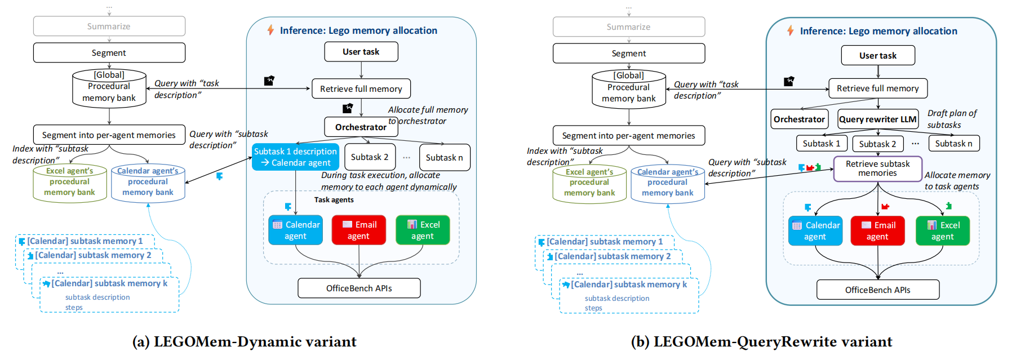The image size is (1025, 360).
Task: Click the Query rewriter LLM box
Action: pos(877,119)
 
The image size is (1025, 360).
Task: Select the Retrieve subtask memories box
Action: pos(877,168)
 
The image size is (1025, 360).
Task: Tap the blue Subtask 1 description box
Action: pos(295,157)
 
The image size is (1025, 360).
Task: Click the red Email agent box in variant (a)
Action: pos(358,230)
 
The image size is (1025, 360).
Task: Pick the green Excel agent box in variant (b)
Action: pos(942,231)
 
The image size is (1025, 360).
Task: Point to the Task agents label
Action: pos(334,200)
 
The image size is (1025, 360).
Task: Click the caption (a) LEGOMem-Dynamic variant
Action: pos(244,342)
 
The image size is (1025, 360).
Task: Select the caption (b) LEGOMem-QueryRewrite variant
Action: pos(761,342)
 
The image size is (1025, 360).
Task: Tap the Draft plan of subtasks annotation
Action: pos(952,119)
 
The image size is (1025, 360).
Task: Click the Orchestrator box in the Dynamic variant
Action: pos(361,127)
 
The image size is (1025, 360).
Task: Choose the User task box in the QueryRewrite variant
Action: pos(877,55)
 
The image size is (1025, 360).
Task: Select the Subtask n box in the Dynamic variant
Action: pos(444,157)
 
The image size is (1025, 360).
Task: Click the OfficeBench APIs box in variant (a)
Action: pos(359,288)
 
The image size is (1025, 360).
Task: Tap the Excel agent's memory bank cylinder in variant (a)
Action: pos(69,183)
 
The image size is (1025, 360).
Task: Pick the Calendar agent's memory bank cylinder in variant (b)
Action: pos(667,184)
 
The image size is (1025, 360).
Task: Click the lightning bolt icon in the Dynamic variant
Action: pos(270,30)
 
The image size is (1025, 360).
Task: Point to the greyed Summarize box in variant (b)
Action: pos(628,26)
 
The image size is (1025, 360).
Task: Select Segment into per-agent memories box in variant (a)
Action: pos(109,135)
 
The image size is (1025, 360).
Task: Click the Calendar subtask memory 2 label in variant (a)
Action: pos(93,255)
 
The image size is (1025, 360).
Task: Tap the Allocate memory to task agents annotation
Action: pos(956,180)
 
